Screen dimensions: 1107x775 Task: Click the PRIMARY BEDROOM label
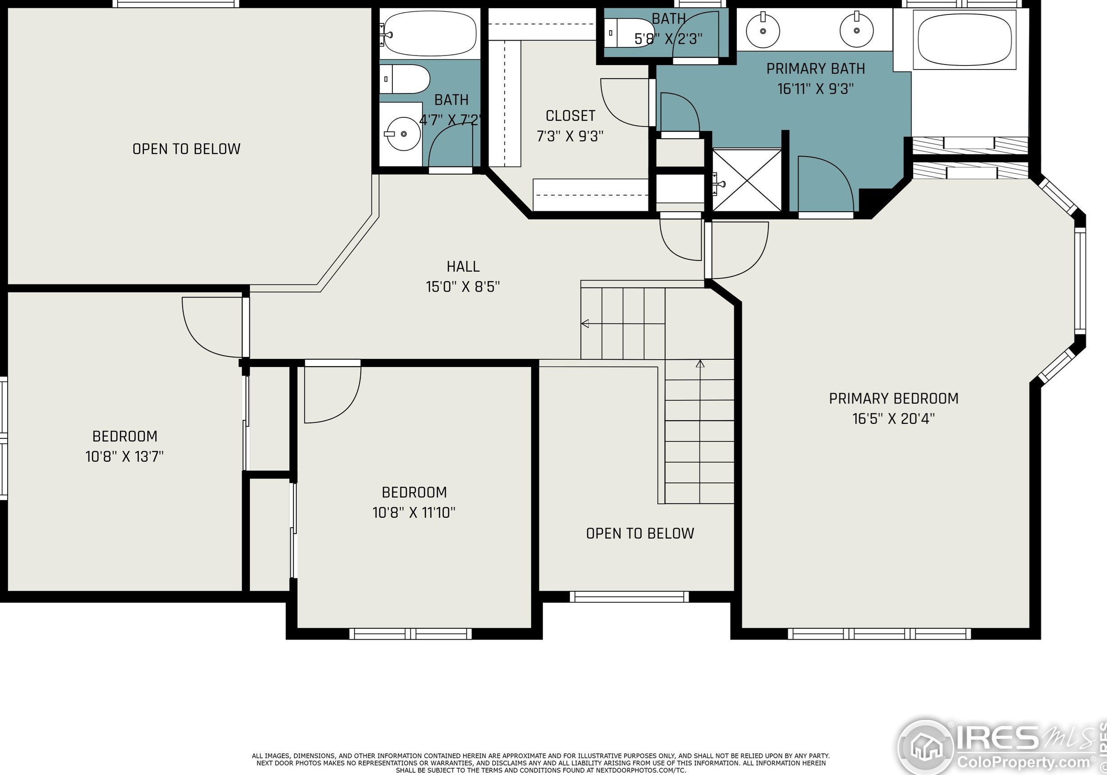click(x=893, y=399)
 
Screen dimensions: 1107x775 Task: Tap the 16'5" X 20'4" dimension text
click(x=893, y=418)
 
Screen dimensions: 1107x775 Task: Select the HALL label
click(x=463, y=267)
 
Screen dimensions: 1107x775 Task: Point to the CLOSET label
click(x=570, y=116)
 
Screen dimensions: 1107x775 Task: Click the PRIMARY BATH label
click(x=816, y=69)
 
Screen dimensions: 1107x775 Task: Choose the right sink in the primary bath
click(x=856, y=30)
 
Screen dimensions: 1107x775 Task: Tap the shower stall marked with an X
click(x=747, y=181)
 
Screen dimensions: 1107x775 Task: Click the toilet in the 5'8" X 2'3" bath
click(x=628, y=33)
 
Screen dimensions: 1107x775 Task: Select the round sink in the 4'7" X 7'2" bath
click(x=403, y=134)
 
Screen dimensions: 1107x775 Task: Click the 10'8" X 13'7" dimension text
click(x=124, y=456)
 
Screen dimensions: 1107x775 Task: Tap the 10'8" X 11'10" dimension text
click(x=413, y=512)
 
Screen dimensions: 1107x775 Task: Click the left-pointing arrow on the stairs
click(x=623, y=323)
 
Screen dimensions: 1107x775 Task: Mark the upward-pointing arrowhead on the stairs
click(x=700, y=363)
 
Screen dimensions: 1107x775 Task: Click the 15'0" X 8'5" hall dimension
click(x=463, y=287)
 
